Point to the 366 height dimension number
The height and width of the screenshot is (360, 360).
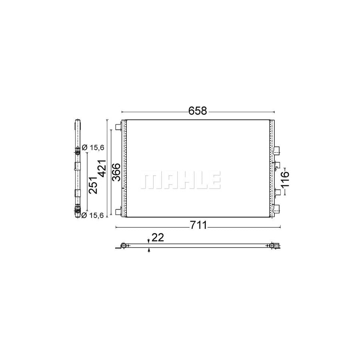(x=115, y=172)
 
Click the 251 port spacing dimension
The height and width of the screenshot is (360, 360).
(x=93, y=185)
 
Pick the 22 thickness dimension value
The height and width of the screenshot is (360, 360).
(x=158, y=238)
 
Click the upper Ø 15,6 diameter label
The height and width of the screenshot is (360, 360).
(x=93, y=148)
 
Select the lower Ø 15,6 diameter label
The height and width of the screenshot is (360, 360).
(x=93, y=215)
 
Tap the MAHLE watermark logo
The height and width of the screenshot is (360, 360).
(x=180, y=180)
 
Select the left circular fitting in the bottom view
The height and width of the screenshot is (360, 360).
(x=124, y=245)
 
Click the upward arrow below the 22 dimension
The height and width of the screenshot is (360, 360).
(x=149, y=250)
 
